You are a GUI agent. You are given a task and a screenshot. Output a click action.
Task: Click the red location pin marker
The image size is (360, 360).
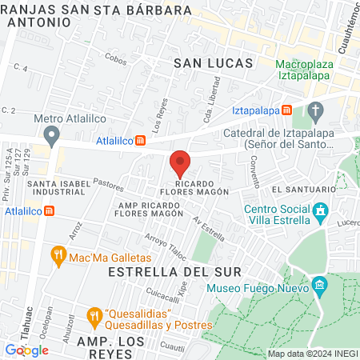point(180,163)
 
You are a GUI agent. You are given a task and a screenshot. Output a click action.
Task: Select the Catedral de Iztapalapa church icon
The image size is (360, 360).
point(316,110)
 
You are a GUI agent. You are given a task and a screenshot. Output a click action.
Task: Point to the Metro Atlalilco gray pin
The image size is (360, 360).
point(53,134)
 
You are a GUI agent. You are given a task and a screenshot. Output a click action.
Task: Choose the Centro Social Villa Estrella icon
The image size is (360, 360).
point(321,213)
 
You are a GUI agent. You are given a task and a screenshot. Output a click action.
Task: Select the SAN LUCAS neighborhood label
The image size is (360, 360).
point(213,62)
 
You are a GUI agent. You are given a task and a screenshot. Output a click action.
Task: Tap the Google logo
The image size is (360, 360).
point(26,350)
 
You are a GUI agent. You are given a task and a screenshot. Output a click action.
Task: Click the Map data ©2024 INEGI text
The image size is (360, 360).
point(310,354)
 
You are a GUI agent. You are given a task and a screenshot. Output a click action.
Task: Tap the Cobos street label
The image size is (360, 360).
point(115,59)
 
